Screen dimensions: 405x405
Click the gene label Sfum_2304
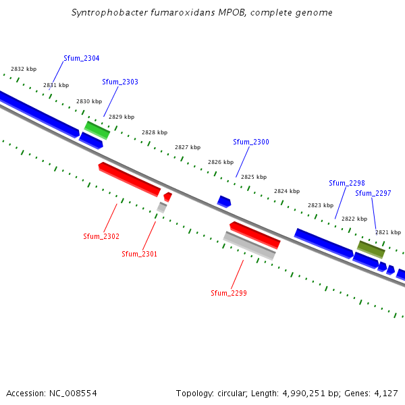82,59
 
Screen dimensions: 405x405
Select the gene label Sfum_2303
120,82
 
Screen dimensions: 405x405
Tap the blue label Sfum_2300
251,142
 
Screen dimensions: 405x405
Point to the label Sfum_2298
347,183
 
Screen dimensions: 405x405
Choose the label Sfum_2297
373,193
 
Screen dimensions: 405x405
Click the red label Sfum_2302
101,236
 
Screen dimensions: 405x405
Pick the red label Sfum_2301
139,254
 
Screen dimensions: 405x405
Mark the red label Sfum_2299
229,293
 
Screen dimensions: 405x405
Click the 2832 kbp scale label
24,69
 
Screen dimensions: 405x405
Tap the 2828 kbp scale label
155,133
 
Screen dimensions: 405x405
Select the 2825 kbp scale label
254,177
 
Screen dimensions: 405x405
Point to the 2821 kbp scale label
388,232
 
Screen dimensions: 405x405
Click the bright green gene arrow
97,130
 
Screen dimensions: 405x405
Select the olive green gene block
371,249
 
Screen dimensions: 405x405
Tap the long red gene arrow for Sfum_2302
130,179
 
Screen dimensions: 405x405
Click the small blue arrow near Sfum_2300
224,201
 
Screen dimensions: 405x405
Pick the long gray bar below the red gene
249,246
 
